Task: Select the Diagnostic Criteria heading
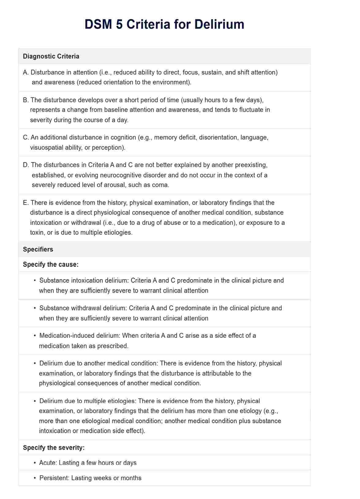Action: coord(51,56)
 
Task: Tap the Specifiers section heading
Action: coord(38,249)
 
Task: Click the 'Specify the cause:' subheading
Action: coord(51,265)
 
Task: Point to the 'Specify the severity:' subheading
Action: coord(54,448)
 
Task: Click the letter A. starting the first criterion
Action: coord(26,73)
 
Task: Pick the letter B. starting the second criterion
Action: coord(26,100)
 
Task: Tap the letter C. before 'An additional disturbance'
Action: coord(26,137)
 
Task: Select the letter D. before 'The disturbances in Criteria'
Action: coord(26,165)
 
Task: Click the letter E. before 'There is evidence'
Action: coord(26,203)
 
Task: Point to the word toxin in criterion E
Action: coord(37,232)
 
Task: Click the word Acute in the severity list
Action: coord(48,463)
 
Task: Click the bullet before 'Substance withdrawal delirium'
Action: coord(35,308)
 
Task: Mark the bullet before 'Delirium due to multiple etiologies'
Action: coord(35,401)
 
